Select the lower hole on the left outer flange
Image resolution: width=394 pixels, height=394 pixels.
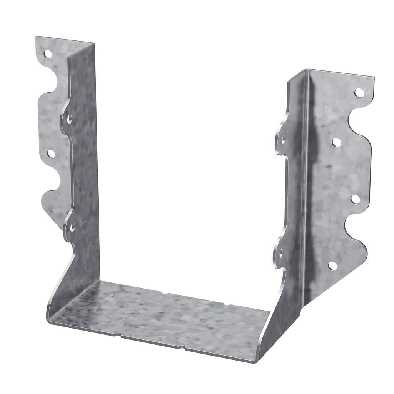point(50,154)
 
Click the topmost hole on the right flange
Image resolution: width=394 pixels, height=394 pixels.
point(358,92)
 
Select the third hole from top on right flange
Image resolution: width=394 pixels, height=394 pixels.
point(355,199)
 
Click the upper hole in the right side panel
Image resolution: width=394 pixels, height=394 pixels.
point(284,138)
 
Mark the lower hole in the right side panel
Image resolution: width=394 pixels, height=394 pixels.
point(281,253)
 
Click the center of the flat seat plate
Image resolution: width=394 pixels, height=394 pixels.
point(162,312)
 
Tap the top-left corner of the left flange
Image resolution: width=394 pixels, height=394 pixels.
point(35,35)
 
